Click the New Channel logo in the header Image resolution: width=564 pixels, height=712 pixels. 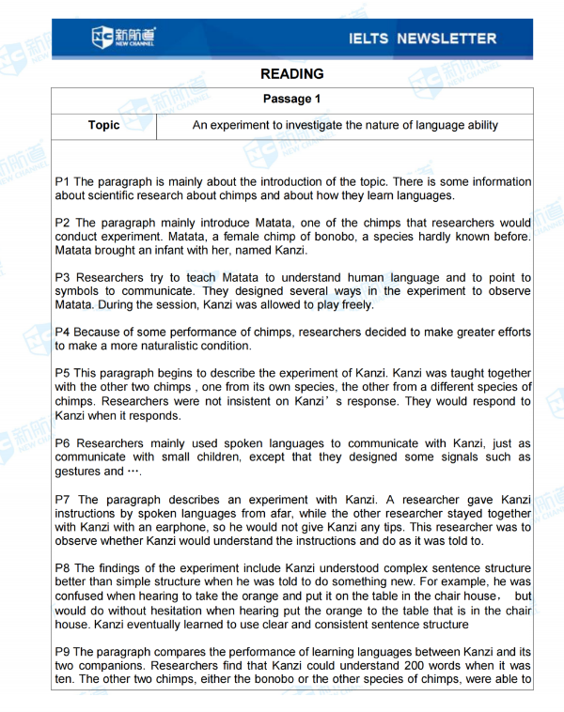coord(124,39)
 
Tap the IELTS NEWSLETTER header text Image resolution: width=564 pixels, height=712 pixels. coord(422,39)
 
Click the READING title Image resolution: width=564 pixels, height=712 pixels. coord(292,74)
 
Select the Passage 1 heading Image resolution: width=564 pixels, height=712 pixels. coord(292,99)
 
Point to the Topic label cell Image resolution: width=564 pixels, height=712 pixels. coord(103,125)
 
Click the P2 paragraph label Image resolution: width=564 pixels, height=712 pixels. coord(63,224)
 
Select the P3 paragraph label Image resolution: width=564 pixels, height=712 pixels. coord(63,278)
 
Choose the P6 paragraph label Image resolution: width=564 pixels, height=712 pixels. coord(63,443)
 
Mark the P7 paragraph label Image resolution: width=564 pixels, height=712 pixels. coord(63,499)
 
